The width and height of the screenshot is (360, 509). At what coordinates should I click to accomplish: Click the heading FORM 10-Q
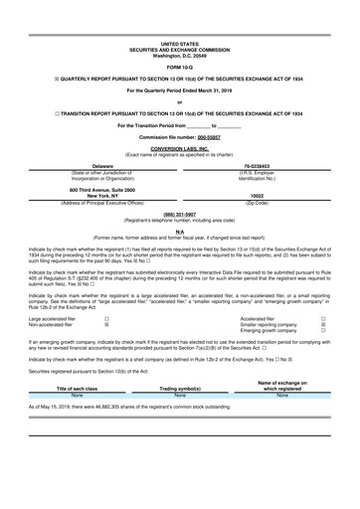pyautogui.click(x=179, y=66)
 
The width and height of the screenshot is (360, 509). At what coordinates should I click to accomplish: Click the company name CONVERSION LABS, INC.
pyautogui.click(x=179, y=148)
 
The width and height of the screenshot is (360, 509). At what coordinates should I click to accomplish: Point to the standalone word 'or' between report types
pyautogui.click(x=179, y=102)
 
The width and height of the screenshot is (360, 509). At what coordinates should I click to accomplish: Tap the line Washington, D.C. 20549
pyautogui.click(x=179, y=55)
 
